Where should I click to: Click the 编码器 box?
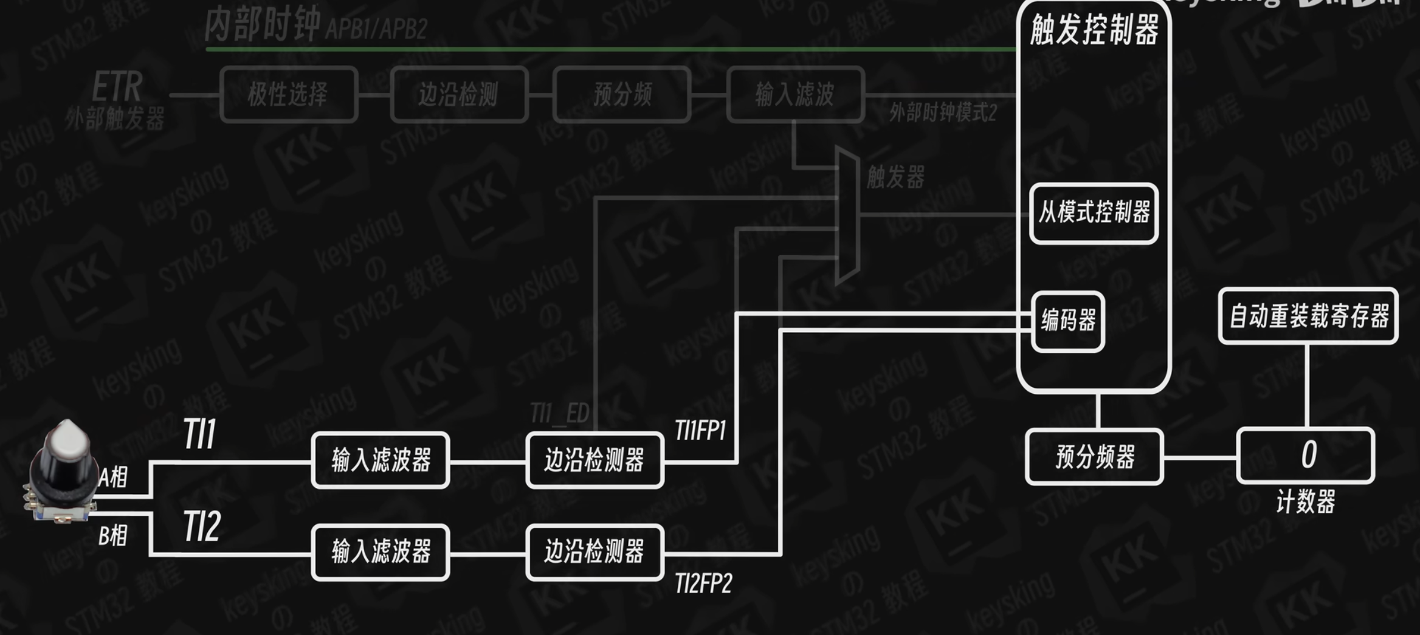pyautogui.click(x=1068, y=321)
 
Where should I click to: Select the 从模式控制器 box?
pyautogui.click(x=1094, y=213)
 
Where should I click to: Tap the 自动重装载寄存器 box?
pyautogui.click(x=1308, y=316)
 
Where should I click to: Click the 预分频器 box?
pyautogui.click(x=1094, y=456)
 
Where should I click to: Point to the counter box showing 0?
pyautogui.click(x=1306, y=455)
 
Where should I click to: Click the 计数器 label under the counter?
pyautogui.click(x=1305, y=502)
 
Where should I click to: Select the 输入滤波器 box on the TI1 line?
pyautogui.click(x=381, y=460)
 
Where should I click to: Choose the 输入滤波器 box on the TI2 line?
pyautogui.click(x=381, y=552)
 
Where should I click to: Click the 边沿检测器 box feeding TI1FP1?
pyautogui.click(x=595, y=460)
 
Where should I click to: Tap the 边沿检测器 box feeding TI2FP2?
pyautogui.click(x=595, y=552)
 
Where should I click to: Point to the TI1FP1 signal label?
pyautogui.click(x=700, y=431)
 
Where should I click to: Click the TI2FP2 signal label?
pyautogui.click(x=703, y=583)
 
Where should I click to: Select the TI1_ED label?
pyautogui.click(x=559, y=414)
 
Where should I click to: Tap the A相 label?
pyautogui.click(x=114, y=478)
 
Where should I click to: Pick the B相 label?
pyautogui.click(x=113, y=536)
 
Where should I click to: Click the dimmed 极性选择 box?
pyautogui.click(x=288, y=95)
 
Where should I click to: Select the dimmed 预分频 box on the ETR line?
pyautogui.click(x=622, y=95)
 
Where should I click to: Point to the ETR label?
pyautogui.click(x=117, y=87)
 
